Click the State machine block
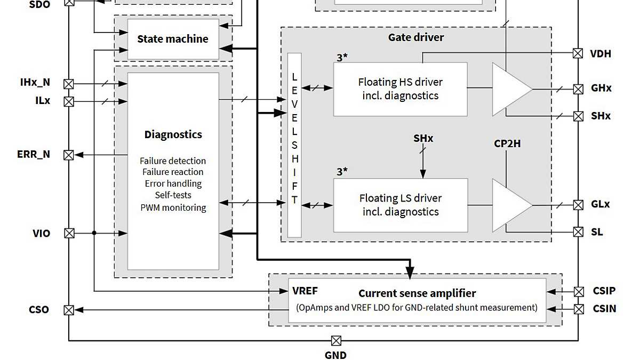173,39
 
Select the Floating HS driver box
400,89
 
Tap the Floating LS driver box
400,205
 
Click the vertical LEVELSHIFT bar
294,145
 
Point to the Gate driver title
415,37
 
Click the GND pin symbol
336,341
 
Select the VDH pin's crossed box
578,53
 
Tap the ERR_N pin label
34,155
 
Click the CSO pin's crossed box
69,310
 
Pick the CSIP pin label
604,291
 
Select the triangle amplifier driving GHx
509,89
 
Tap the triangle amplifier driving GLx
509,205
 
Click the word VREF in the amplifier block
305,291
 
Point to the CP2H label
507,144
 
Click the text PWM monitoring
173,207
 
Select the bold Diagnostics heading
173,134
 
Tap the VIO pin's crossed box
69,233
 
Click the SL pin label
597,233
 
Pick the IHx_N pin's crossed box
69,84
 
